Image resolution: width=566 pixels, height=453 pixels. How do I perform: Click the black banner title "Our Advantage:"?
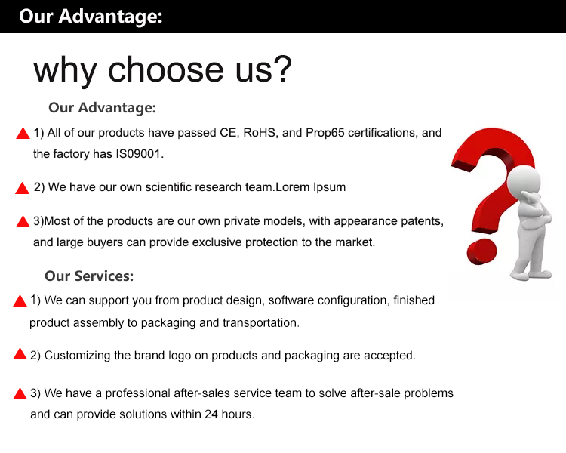[91, 17]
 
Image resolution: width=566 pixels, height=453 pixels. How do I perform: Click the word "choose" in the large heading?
[166, 69]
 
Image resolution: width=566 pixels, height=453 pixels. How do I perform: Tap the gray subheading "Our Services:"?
[89, 276]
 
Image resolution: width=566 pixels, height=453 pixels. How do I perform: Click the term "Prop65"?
[325, 133]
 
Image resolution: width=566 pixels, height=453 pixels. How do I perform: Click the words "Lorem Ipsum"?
[310, 187]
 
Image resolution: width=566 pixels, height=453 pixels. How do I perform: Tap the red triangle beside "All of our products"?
[23, 134]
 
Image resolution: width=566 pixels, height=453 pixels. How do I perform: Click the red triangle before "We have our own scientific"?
[22, 188]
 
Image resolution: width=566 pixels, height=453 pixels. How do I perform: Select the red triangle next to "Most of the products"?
[23, 221]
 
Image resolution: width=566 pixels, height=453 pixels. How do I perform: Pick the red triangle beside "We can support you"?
[20, 300]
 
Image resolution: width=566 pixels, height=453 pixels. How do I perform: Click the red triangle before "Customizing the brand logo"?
[20, 354]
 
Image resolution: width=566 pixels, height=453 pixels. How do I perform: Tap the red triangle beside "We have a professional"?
[20, 393]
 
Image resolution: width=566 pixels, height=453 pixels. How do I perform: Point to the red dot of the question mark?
[481, 251]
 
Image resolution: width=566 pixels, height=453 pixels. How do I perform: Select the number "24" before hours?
[211, 414]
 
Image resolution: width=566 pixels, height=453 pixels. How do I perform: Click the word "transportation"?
[260, 322]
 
